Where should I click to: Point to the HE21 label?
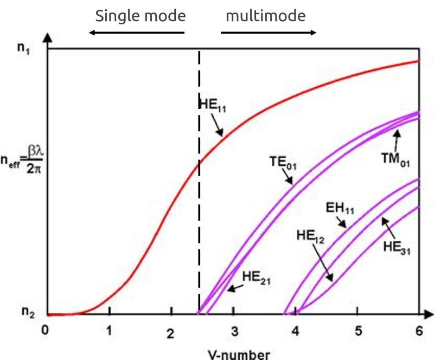[256, 279]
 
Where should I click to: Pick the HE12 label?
[311, 236]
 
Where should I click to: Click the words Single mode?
[141, 16]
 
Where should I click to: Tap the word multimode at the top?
[266, 16]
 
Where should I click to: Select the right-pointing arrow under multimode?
[269, 33]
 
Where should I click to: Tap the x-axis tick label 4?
[296, 330]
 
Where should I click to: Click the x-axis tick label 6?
[419, 330]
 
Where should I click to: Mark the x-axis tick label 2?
[170, 332]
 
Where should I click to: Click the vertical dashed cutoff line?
[199, 217]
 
